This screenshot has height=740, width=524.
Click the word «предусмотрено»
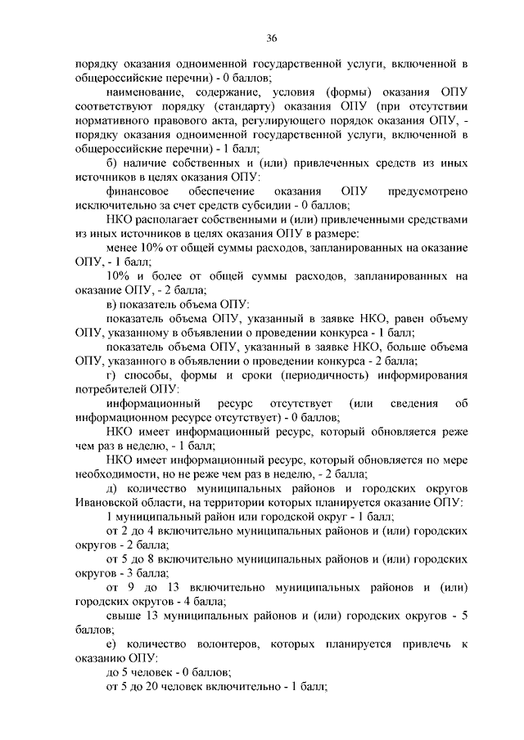pyautogui.click(x=427, y=191)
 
